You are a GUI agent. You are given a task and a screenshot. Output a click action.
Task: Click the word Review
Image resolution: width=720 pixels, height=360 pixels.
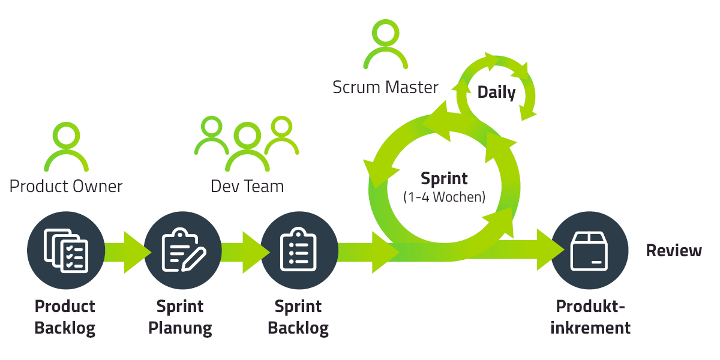tap(674, 251)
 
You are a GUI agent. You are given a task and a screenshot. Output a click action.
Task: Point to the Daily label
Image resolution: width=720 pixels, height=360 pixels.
tap(496, 92)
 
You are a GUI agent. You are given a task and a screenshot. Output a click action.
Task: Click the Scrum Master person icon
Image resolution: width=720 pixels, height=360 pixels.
tap(385, 44)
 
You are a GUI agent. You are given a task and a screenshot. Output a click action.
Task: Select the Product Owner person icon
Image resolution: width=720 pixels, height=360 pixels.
tap(66, 147)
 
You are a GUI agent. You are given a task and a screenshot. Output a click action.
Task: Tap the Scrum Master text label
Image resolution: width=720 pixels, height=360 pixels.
tap(385, 88)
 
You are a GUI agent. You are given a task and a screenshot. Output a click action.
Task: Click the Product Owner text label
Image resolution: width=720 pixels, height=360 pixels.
tap(66, 187)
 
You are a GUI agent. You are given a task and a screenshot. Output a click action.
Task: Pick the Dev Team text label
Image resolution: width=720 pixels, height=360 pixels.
tap(247, 187)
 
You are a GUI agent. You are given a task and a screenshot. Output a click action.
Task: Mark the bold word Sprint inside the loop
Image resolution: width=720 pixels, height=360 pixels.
tap(444, 179)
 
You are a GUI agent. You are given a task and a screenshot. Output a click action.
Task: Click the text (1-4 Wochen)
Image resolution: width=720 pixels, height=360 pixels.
tap(444, 197)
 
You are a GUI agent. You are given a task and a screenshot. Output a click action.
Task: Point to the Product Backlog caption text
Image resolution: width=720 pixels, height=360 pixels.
tap(65, 317)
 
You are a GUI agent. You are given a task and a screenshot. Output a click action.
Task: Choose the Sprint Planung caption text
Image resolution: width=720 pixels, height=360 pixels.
tap(180, 317)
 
